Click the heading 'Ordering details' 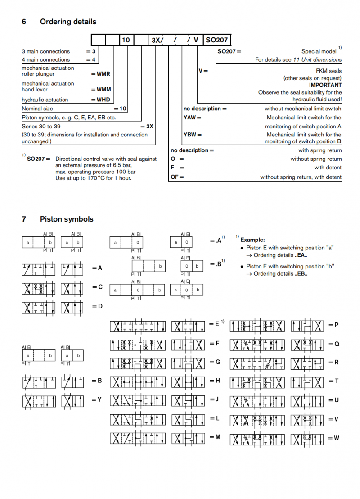point(68,22)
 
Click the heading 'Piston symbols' point(67,219)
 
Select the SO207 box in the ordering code point(217,40)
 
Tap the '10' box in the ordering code point(126,40)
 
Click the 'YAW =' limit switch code point(192,118)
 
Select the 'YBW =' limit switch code point(193,135)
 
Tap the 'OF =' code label point(177,177)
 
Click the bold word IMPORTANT point(325,85)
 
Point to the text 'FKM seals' point(328,71)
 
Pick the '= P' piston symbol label point(333,325)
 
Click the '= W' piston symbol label point(333,438)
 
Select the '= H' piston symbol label point(215,381)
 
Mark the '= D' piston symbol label point(97,306)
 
